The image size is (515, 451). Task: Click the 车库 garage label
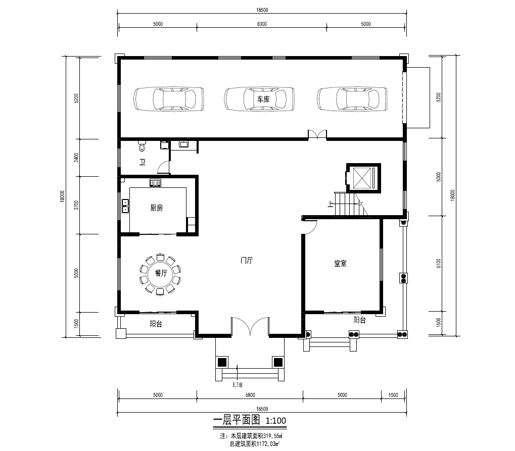pos(263,99)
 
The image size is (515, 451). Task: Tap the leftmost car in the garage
pos(168,99)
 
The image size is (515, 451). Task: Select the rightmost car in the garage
pos(352,99)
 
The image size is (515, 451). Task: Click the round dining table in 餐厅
pos(161,273)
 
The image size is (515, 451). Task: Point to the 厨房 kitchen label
pos(156,208)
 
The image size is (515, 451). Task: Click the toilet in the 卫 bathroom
pos(142,146)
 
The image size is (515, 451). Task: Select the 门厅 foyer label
pos(247,261)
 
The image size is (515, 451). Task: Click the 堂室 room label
pos(340,263)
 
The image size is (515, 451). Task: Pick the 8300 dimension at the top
pos(262,24)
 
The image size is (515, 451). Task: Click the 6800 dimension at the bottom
pos(250,395)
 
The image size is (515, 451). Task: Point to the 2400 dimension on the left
pos(76,158)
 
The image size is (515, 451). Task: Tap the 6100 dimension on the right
pos(439,264)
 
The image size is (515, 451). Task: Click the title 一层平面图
pos(237,420)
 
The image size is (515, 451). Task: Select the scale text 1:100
pos(275,421)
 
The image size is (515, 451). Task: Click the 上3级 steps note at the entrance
pos(237,385)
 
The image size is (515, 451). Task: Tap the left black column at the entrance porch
pos(222,363)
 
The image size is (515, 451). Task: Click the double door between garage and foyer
pos(317,135)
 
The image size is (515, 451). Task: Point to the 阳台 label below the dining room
pos(156,324)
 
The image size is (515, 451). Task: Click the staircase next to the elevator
pos(351,204)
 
